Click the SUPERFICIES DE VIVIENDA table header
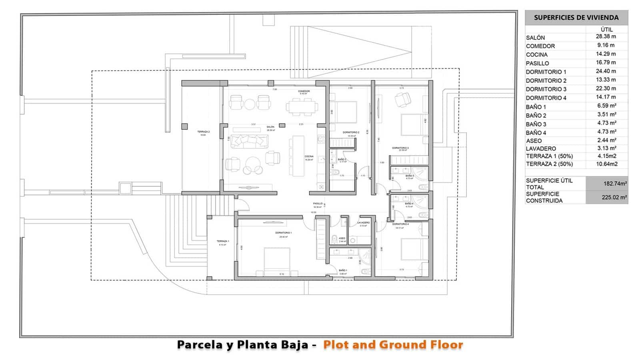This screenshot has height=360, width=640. coord(576,18)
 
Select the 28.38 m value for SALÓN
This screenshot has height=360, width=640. coord(606,36)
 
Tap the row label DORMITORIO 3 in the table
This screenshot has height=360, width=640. coord(546,89)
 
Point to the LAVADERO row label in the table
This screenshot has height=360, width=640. coord(541,148)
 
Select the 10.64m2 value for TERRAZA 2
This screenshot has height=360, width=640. coord(606,164)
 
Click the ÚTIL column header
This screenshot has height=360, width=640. coord(606,29)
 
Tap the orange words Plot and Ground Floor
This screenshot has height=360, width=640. coord(393,344)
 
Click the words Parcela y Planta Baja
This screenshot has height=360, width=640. coord(243,344)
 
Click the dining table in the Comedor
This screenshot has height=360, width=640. coord(302,107)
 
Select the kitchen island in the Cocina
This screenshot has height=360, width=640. coord(298,156)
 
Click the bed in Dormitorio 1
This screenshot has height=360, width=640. coord(277,261)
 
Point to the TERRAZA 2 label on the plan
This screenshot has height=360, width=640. coord(203,132)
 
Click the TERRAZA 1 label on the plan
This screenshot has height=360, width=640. coord(222,241)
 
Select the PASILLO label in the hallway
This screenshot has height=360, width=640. coord(318,204)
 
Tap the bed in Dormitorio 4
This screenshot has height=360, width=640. coord(414,250)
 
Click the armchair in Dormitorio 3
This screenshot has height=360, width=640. coord(402,99)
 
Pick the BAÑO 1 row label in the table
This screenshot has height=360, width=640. coord(536,107)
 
